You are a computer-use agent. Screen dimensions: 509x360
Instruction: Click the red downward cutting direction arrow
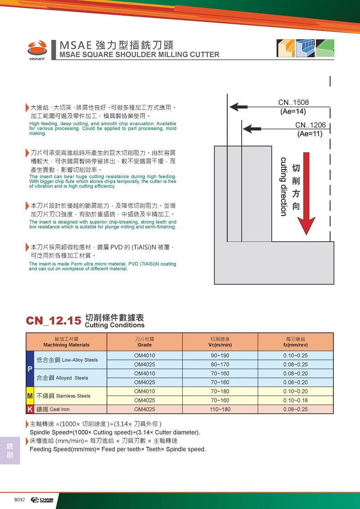pos(306,194)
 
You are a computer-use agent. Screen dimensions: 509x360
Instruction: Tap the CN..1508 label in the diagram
pos(293,103)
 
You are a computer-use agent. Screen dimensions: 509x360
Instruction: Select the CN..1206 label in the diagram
pos(310,125)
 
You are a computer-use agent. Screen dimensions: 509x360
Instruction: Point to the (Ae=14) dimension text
pos(293,111)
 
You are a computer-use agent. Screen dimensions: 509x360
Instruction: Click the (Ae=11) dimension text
pos(310,134)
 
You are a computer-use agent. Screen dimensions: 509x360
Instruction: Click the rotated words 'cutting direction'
pos(283,186)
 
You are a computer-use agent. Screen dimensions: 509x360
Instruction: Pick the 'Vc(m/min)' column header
pos(220,345)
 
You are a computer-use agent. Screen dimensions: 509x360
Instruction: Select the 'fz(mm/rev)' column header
pos(295,345)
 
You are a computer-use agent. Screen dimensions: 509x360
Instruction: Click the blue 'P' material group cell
pos(30,369)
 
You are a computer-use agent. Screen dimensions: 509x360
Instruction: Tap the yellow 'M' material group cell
pos(30,396)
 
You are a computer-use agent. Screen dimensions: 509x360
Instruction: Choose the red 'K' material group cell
pos(30,410)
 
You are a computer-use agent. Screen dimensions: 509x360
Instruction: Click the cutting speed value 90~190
pos(220,356)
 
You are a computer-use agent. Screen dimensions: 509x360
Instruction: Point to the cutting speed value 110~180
pos(220,410)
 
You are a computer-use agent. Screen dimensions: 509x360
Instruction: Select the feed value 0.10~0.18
pos(295,401)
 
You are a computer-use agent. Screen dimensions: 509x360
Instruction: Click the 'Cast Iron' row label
pos(59,410)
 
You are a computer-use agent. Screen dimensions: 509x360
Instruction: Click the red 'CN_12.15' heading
pos(54,321)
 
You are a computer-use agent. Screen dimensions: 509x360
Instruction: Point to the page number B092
pos(19,500)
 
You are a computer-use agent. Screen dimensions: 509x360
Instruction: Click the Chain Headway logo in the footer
pos(42,500)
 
